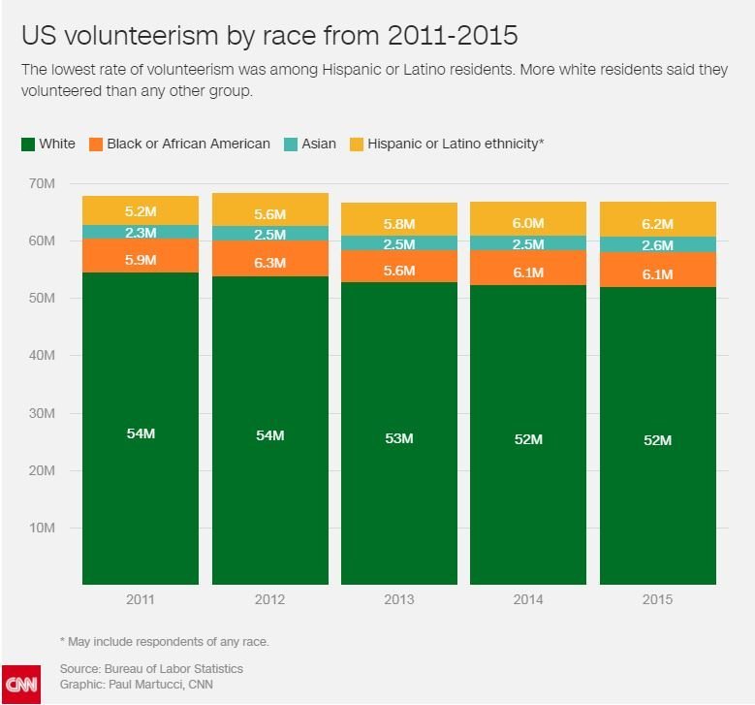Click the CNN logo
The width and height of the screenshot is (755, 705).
tap(20, 685)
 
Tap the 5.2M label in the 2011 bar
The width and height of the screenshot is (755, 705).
tap(141, 210)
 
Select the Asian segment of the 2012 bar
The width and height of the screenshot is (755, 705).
tap(269, 234)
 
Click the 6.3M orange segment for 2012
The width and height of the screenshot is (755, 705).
tap(269, 262)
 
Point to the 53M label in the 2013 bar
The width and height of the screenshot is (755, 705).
tap(398, 438)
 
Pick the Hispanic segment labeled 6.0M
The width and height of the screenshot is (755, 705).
tap(528, 222)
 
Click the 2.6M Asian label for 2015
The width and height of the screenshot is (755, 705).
tap(657, 245)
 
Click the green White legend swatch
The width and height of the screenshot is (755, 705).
tap(27, 144)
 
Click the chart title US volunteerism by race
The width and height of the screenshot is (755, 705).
tap(269, 36)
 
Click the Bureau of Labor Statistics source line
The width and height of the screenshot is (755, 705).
tap(151, 669)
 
